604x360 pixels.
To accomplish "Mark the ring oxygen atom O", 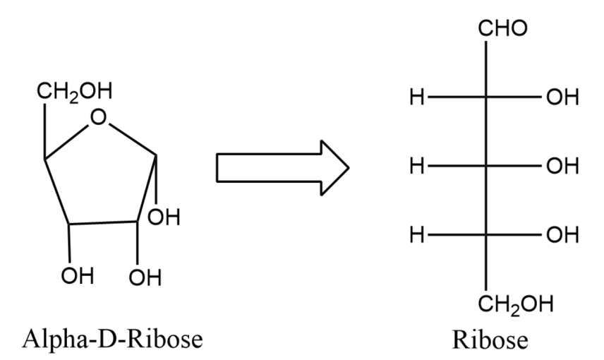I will [x=100, y=118].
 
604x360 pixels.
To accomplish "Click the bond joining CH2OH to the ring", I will [x=45, y=132].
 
